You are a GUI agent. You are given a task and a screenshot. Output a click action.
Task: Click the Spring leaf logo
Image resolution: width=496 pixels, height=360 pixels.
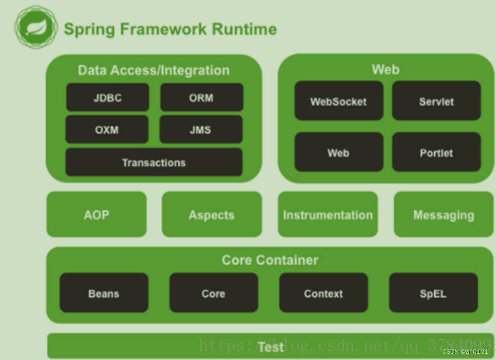[36, 27]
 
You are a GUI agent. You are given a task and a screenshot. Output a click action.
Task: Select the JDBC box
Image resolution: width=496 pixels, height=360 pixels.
[107, 98]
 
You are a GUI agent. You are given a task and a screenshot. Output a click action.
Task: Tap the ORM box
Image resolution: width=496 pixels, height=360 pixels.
[201, 98]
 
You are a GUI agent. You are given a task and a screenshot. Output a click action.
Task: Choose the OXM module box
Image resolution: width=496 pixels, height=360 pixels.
[107, 129]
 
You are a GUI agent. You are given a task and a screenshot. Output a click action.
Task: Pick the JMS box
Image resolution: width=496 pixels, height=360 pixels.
[200, 129]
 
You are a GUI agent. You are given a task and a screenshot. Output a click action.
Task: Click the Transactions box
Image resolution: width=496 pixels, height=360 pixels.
[154, 162]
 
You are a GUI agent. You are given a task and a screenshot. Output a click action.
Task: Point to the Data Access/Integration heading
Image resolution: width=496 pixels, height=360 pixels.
[154, 70]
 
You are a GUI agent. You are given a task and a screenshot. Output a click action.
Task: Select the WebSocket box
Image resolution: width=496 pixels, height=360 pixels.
[339, 101]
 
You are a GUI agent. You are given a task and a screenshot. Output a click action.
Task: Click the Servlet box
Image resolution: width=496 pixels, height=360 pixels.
[436, 101]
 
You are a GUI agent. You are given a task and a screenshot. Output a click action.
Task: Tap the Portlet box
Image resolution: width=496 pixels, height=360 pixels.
[436, 153]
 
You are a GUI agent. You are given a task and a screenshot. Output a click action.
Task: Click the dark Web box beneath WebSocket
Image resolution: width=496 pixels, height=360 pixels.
[339, 153]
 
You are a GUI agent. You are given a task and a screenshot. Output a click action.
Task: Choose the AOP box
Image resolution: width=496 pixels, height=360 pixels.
[96, 215]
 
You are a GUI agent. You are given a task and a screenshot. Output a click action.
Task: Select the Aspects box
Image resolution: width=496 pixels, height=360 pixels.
[211, 215]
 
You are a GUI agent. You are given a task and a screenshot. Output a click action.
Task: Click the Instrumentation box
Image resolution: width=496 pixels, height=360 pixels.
[327, 215]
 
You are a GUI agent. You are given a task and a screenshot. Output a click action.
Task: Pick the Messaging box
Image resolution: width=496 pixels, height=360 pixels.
[444, 215]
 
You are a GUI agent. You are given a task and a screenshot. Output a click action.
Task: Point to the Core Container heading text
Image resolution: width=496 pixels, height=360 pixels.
[270, 260]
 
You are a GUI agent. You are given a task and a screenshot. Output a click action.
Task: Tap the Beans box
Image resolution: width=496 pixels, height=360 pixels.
[104, 293]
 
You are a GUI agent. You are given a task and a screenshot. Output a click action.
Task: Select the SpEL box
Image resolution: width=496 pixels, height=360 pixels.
[433, 293]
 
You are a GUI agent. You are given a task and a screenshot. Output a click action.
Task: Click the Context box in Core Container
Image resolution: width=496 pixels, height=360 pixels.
[323, 293]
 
